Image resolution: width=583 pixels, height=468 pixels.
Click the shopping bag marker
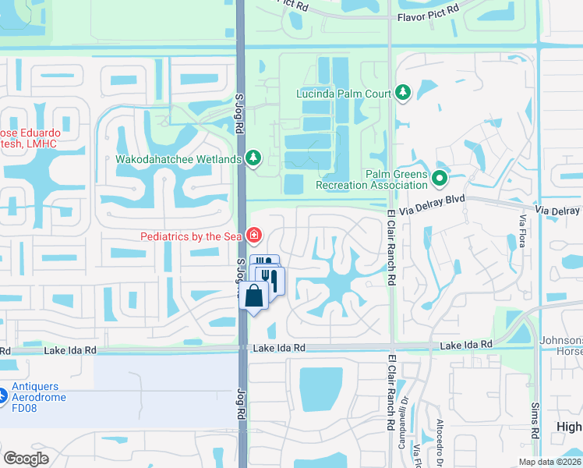click(254, 296)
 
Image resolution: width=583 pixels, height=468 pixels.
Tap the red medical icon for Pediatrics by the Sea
click(253, 235)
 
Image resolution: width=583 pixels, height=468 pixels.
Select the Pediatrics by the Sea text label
click(190, 236)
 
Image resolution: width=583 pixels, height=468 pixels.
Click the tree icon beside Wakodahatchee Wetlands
click(253, 159)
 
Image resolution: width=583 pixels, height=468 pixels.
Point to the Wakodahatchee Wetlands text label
click(178, 160)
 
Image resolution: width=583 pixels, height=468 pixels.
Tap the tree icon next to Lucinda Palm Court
click(403, 94)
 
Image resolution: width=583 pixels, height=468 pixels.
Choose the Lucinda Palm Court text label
click(343, 94)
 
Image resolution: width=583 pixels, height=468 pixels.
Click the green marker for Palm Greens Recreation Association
click(440, 179)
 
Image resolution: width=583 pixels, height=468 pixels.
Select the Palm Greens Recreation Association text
click(372, 179)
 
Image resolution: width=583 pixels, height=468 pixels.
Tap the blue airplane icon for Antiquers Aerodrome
click(3, 396)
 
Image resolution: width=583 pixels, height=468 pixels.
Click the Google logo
click(26, 459)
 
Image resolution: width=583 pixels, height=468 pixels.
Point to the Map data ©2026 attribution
click(550, 462)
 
